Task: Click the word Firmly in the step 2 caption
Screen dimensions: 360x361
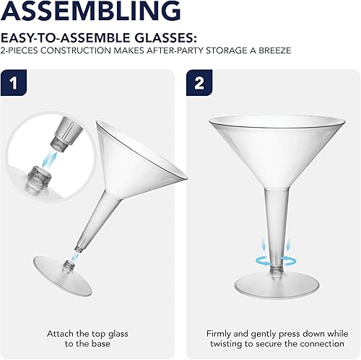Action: pyautogui.click(x=220, y=315)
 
